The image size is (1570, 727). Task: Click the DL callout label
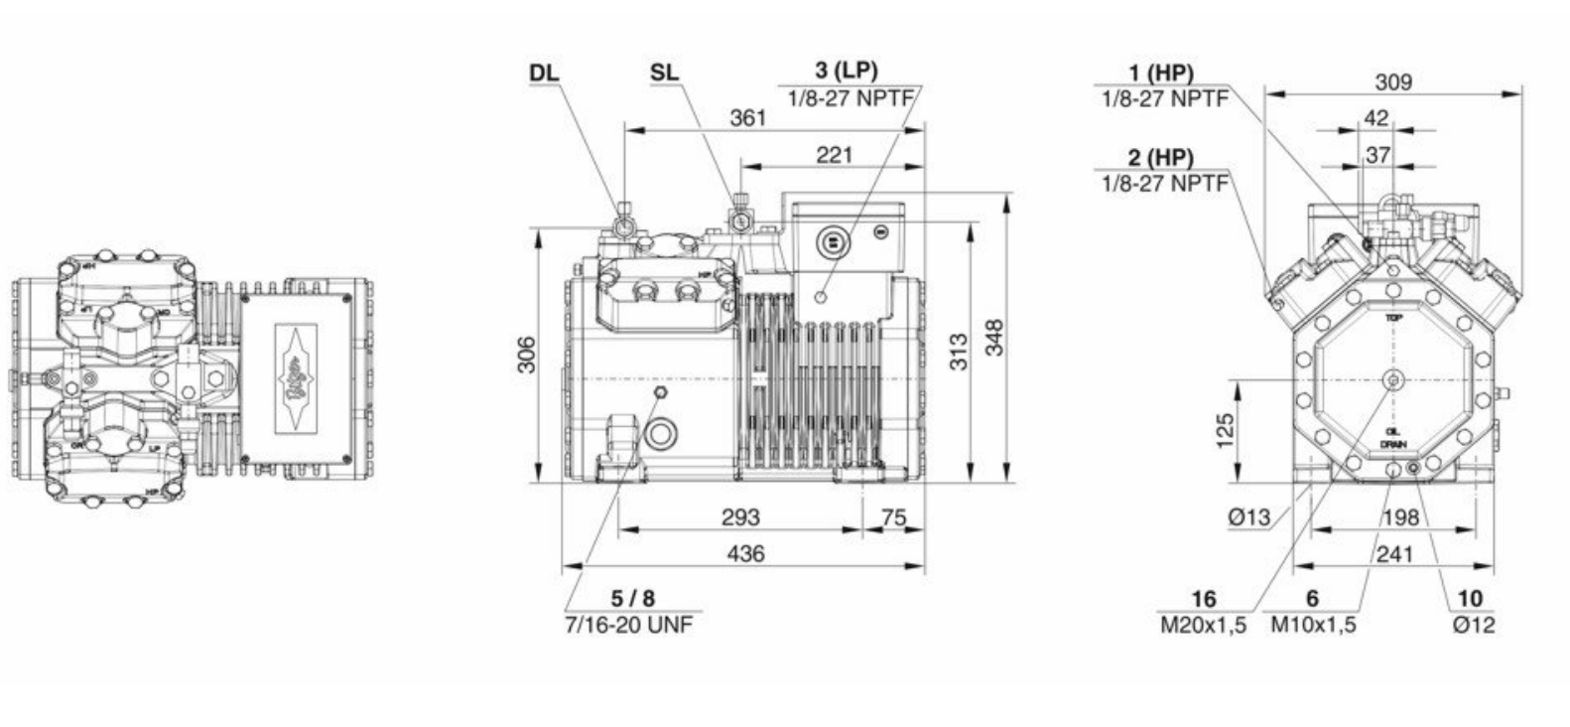544,73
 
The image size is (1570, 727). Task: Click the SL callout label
665,73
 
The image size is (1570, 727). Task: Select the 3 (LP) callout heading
847,71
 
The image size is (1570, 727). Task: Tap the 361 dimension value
747,117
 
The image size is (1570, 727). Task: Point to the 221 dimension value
834,154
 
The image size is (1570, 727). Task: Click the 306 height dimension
527,355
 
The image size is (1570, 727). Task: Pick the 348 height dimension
994,337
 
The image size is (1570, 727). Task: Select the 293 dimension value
740,516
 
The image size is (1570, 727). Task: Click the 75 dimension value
893,516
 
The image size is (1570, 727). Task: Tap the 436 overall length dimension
745,553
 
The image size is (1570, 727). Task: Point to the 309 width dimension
1392,81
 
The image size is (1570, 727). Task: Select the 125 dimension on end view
1226,431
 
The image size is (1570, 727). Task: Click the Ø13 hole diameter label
1248,516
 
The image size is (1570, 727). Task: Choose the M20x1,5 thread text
1203,625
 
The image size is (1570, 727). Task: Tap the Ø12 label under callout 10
1473,625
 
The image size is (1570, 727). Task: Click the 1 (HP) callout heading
1161,73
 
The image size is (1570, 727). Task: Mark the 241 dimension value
1393,554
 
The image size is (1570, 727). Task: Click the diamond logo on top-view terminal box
295,378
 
